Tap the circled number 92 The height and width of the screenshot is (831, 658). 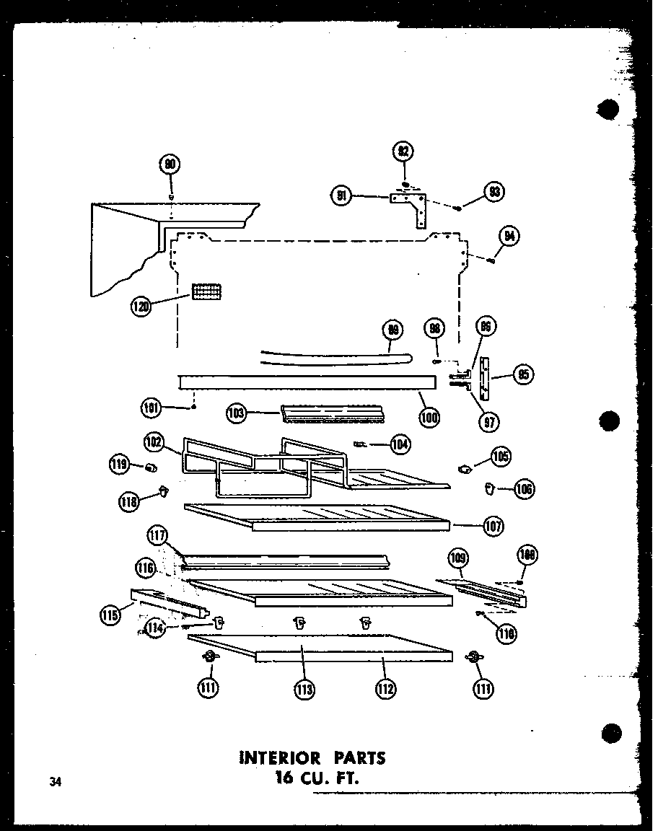point(404,151)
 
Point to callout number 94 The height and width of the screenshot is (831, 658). point(509,236)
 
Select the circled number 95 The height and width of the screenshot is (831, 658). point(522,374)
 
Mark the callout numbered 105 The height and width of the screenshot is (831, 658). point(500,456)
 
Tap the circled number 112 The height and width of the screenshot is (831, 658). point(385,689)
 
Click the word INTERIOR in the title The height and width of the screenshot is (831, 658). point(278,758)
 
